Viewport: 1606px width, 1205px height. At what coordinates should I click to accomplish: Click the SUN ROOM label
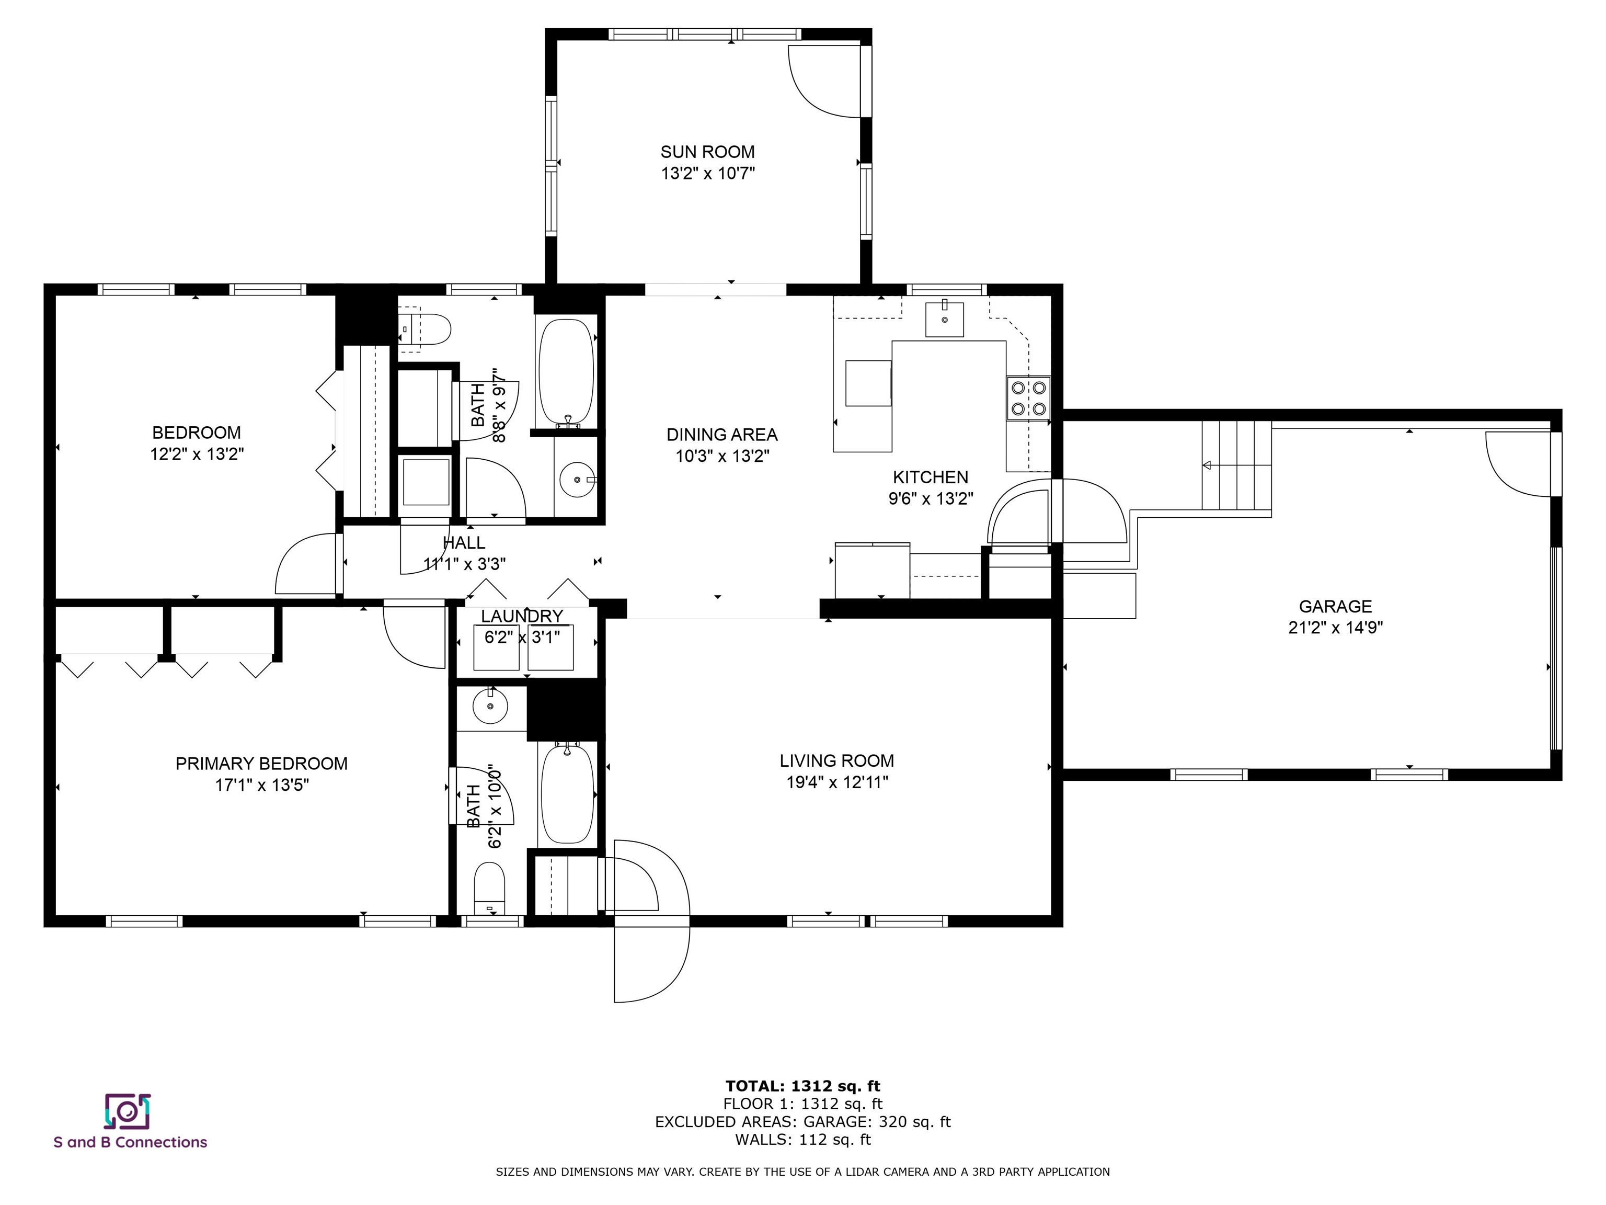(707, 152)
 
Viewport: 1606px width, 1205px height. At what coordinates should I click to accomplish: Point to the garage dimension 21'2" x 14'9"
(1335, 628)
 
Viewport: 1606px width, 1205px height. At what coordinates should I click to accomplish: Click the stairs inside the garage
(1236, 465)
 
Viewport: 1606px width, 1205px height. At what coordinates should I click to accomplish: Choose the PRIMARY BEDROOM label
(261, 764)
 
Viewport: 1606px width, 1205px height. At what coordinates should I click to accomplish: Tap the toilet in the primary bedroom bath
(489, 888)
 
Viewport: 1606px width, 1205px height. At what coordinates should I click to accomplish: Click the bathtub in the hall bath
(566, 372)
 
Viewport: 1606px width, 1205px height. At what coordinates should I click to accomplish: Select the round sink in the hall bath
(578, 480)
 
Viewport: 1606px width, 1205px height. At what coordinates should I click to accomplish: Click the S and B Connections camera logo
(128, 1111)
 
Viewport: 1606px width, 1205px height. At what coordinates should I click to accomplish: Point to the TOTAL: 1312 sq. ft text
(802, 1086)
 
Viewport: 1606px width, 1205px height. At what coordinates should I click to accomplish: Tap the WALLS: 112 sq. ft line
(802, 1140)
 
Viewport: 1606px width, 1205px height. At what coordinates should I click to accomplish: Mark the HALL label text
(464, 542)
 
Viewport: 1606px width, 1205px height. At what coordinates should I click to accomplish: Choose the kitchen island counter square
(868, 383)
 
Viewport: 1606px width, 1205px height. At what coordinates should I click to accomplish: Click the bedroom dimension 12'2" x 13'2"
(197, 454)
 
